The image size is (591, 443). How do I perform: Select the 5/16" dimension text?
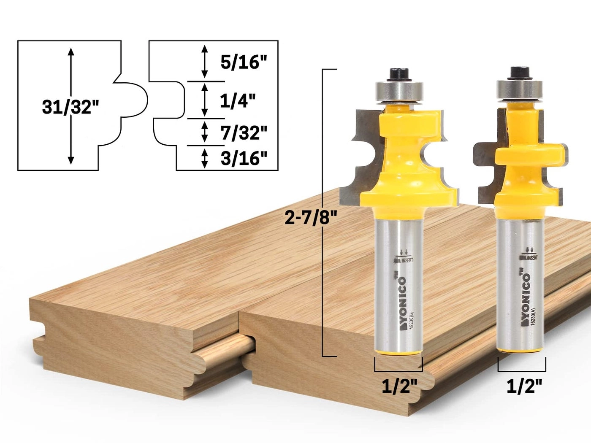pos(244,62)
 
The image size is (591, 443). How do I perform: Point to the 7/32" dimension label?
pos(244,132)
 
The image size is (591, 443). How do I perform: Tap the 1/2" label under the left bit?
pos(399,386)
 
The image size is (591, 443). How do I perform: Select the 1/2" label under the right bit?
pos(524,386)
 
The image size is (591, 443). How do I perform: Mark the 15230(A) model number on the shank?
pos(533,323)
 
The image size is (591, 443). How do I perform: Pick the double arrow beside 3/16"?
pos(205,158)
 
